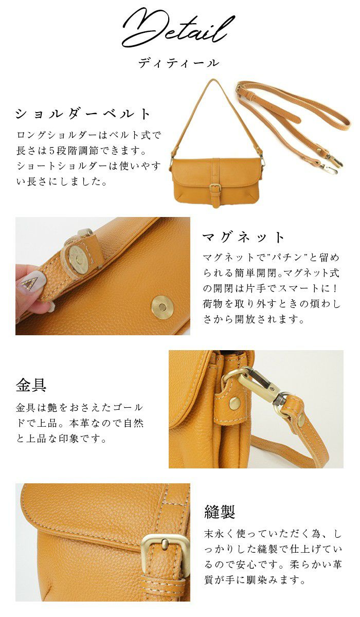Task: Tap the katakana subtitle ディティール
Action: coord(178,63)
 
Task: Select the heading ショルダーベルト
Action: coord(83,114)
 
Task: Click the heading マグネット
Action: coord(243,237)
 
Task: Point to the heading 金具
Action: coord(31,385)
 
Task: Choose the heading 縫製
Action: coord(220,512)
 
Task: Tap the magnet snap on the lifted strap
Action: coord(79,259)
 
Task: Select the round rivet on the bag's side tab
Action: coord(234,403)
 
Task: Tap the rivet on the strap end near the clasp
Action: coord(301,419)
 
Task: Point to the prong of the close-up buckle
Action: coord(165,543)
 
